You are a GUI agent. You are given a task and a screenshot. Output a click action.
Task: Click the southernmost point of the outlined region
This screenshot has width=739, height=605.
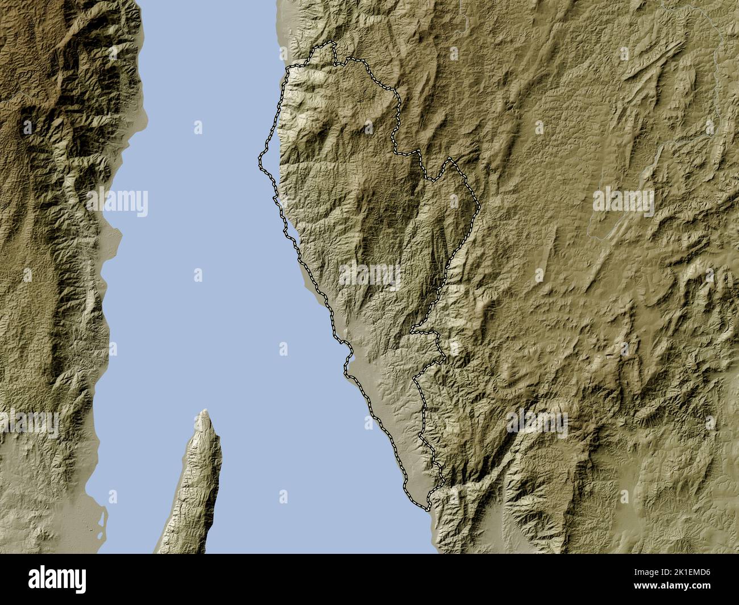click(x=426, y=507)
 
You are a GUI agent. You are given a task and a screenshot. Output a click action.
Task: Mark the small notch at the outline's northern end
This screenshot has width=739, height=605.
click(x=334, y=51)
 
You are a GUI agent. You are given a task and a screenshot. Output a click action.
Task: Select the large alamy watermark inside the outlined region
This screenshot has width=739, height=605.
click(x=369, y=276)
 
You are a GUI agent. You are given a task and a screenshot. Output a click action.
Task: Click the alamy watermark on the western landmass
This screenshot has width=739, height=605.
click(x=118, y=202)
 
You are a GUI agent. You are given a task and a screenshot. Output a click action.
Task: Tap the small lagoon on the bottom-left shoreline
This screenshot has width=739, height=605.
click(x=102, y=520)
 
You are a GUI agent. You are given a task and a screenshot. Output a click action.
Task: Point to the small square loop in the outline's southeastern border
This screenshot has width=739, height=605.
click(x=438, y=344)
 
